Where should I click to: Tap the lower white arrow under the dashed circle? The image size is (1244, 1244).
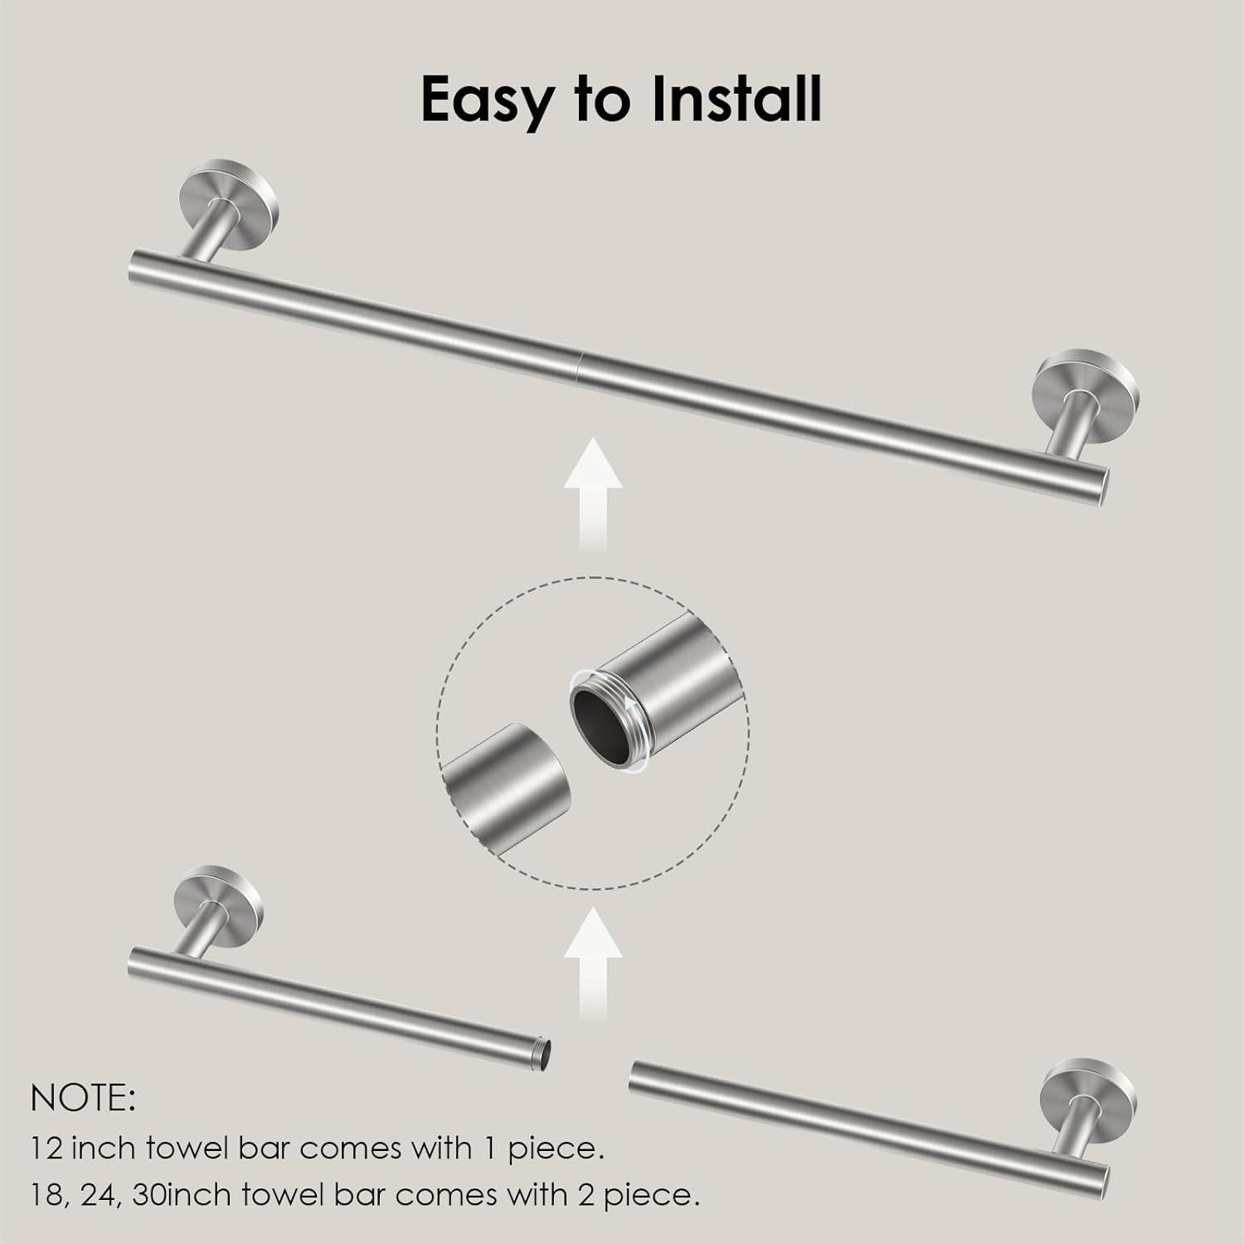pyautogui.click(x=593, y=965)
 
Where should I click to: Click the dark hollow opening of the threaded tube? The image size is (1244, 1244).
pyautogui.click(x=598, y=714)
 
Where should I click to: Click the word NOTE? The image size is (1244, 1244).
pyautogui.click(x=83, y=1100)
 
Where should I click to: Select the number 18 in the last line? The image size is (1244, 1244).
pyautogui.click(x=47, y=1195)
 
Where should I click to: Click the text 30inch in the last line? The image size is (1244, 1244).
pyautogui.click(x=187, y=1195)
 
